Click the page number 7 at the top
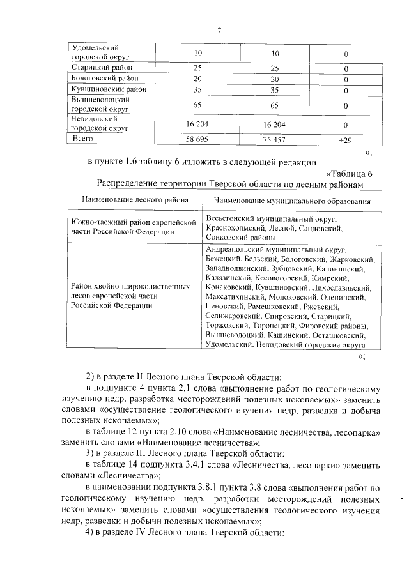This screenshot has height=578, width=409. tap(219, 31)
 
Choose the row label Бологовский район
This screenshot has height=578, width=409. tap(104, 79)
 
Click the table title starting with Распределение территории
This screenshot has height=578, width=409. tap(231, 184)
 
